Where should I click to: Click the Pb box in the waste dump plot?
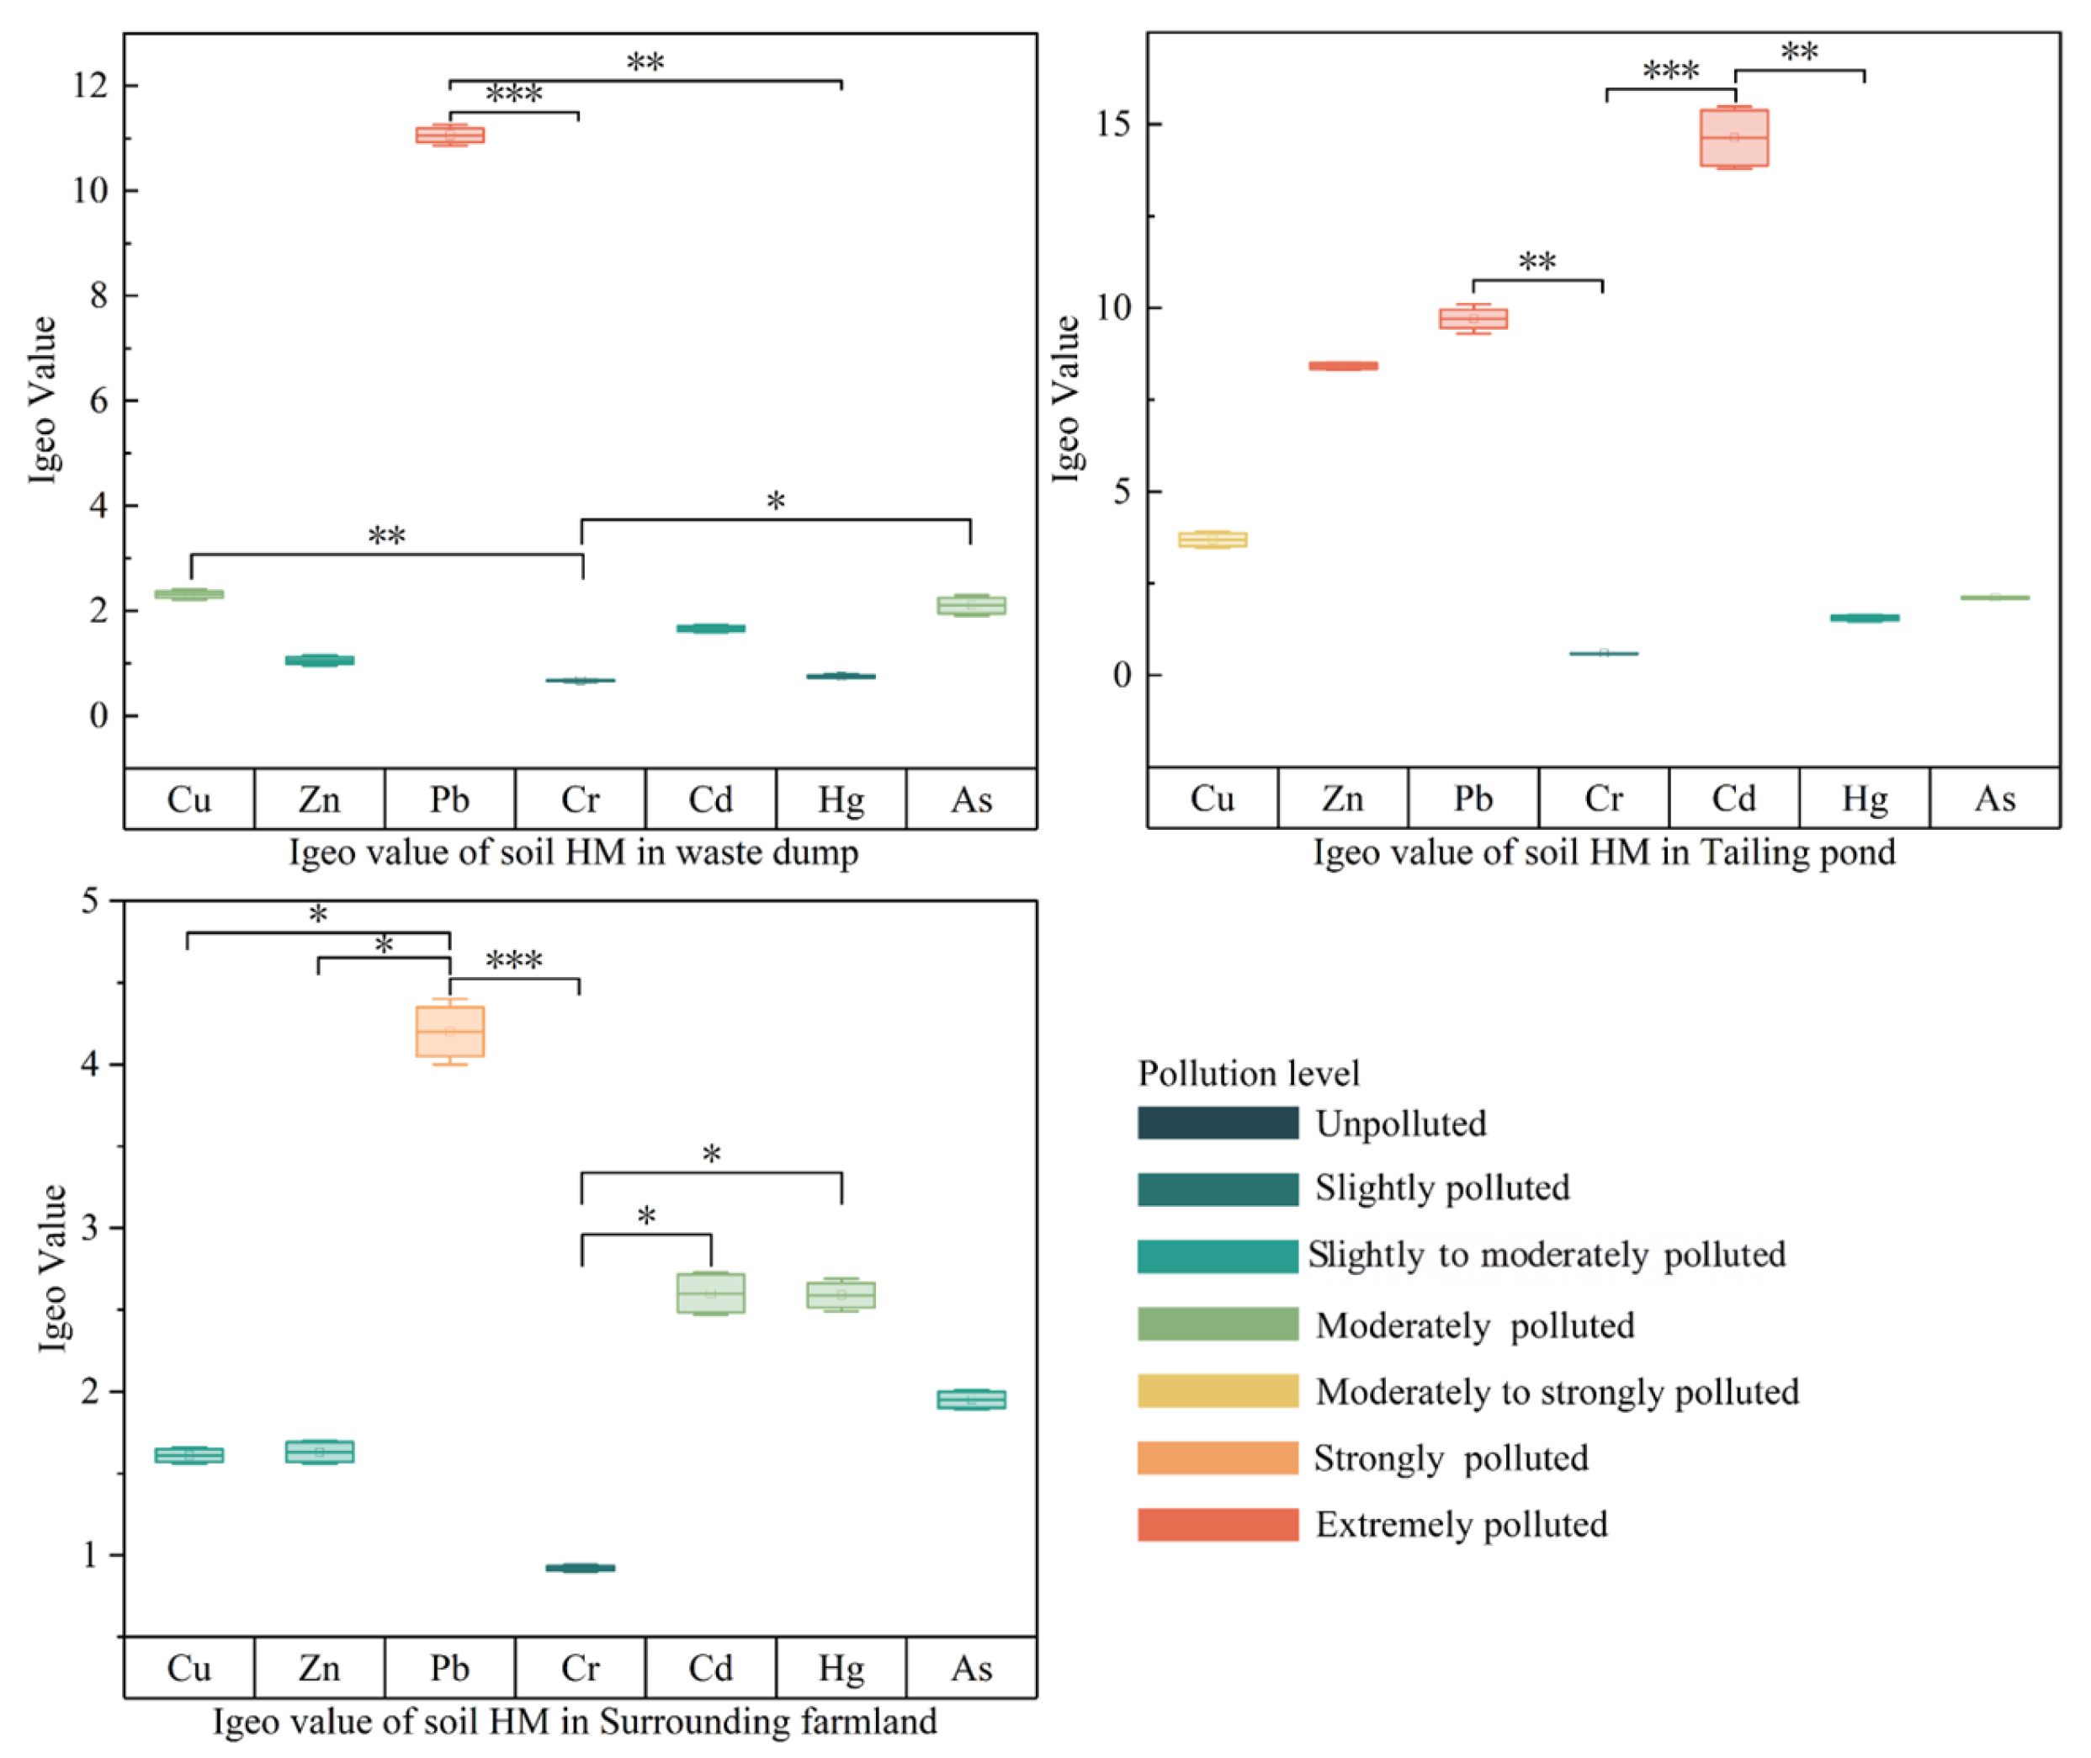449,135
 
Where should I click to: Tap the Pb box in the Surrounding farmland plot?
449,1031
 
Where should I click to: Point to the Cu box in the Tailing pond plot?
1212,539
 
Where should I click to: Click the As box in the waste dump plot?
971,605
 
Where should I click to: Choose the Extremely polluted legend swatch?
1217,1525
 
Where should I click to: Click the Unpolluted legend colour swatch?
1217,1123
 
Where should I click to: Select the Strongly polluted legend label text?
1450,1458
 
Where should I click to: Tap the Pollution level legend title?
1248,1073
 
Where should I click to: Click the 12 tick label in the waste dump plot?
90,86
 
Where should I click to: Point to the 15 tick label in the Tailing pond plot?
1113,125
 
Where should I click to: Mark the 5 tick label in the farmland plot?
91,901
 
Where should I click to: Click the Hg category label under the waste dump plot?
841,799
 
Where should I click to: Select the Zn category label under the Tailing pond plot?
1341,799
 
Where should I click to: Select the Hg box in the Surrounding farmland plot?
841,1294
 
